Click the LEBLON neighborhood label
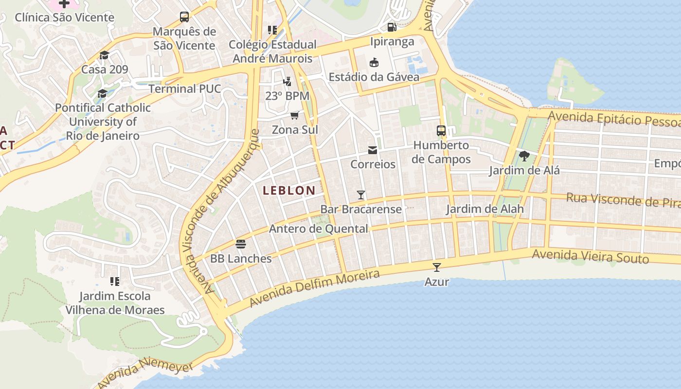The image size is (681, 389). pyautogui.click(x=289, y=191)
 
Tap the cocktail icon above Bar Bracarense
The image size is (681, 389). pyautogui.click(x=360, y=195)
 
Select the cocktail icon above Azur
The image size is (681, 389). pyautogui.click(x=436, y=267)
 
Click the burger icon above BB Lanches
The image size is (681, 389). pyautogui.click(x=241, y=244)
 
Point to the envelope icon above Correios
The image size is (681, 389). pyautogui.click(x=373, y=150)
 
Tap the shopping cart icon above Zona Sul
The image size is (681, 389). pyautogui.click(x=294, y=115)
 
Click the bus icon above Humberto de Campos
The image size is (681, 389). pyautogui.click(x=441, y=130)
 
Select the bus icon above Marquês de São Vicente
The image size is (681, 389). pyautogui.click(x=184, y=17)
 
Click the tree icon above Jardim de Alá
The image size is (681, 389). pyautogui.click(x=524, y=156)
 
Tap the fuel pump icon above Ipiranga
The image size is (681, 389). pyautogui.click(x=392, y=27)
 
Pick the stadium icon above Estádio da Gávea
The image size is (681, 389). pyautogui.click(x=374, y=62)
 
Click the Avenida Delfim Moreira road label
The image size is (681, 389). pyautogui.click(x=314, y=288)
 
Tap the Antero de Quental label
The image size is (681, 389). pyautogui.click(x=318, y=229)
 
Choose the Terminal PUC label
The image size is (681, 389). pyautogui.click(x=184, y=89)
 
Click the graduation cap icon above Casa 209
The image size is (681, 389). pyautogui.click(x=104, y=54)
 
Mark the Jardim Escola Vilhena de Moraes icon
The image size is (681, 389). pyautogui.click(x=115, y=281)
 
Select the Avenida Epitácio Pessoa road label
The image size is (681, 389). pyautogui.click(x=614, y=119)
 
